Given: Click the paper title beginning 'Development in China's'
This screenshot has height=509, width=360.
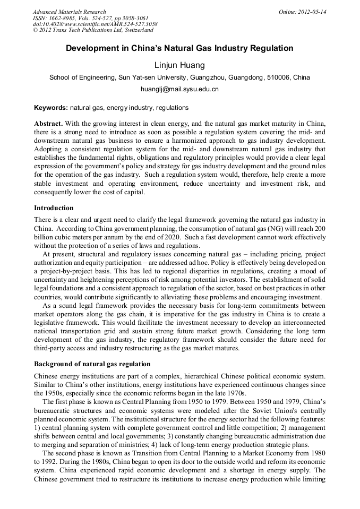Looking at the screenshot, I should pyautogui.click(x=179, y=48).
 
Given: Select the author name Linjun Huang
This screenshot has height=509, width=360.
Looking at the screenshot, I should pyautogui.click(x=179, y=65).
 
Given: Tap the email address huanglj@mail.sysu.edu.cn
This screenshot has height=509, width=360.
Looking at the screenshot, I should pyautogui.click(x=179, y=89).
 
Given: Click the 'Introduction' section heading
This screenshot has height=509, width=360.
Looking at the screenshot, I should pyautogui.click(x=54, y=208).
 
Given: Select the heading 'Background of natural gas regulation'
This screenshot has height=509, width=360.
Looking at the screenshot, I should pyautogui.click(x=92, y=364).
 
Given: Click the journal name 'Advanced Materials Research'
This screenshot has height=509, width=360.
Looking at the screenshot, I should pyautogui.click(x=69, y=12).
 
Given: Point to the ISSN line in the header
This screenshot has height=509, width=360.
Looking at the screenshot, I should pyautogui.click(x=84, y=18).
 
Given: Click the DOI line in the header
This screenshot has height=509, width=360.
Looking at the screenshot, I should pyautogui.click(x=95, y=24).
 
